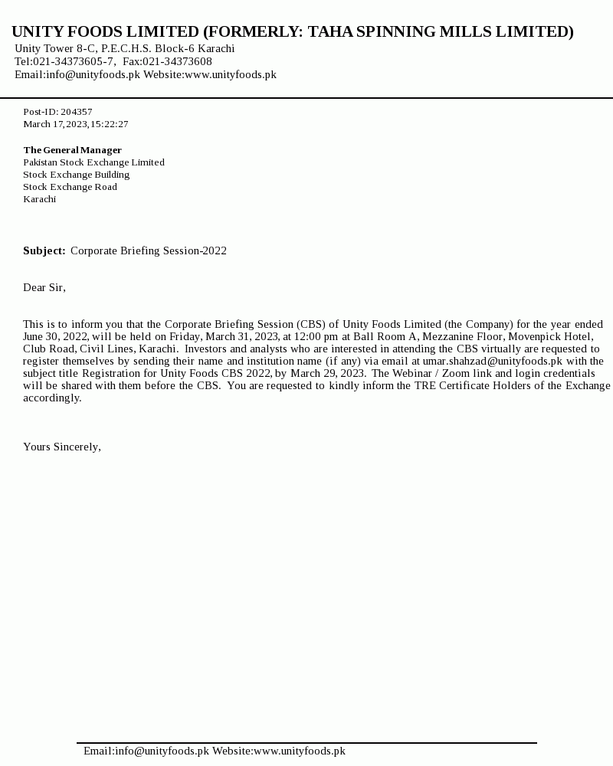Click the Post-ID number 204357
[x=77, y=112]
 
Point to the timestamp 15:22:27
[x=109, y=124]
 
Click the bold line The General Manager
[x=72, y=150]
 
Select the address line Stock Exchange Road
[x=70, y=187]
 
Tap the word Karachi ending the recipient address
[x=39, y=199]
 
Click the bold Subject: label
[x=44, y=250]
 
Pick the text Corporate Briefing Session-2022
[x=149, y=250]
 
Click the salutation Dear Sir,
[x=44, y=287]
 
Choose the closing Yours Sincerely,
[x=62, y=447]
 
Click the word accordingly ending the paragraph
[x=52, y=398]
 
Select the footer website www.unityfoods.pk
[x=299, y=751]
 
